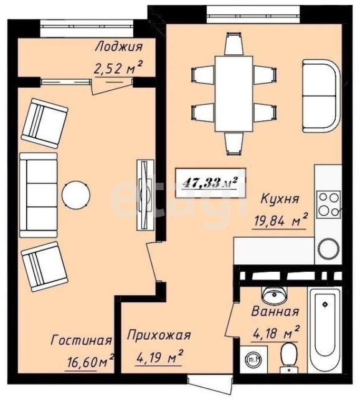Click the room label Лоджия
[x=118, y=47]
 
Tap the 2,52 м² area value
[x=118, y=68]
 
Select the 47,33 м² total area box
[x=211, y=183]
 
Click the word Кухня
[x=280, y=198]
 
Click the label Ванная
[x=275, y=312]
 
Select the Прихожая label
[x=159, y=335]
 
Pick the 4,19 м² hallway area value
[x=159, y=357]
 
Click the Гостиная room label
[x=82, y=340]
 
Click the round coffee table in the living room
[x=76, y=195]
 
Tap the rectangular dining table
[x=234, y=94]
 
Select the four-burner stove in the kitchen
[x=328, y=204]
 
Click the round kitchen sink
[x=328, y=250]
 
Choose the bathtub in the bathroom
[x=324, y=330]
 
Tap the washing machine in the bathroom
[x=253, y=359]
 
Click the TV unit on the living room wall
[x=145, y=195]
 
